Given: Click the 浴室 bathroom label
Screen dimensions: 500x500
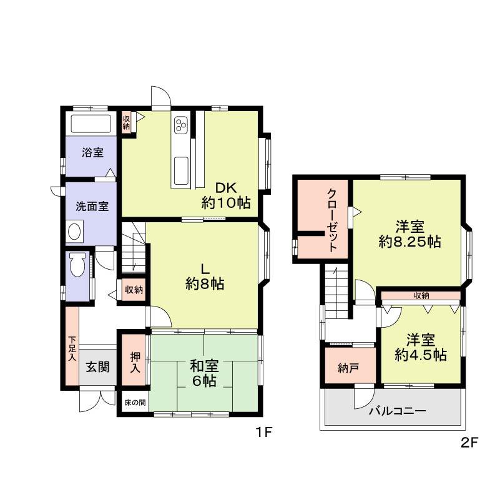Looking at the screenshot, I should pos(91,153).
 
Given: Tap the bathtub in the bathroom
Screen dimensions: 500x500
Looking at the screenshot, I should pos(91,123).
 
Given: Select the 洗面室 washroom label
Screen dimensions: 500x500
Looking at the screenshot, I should pos(92,207).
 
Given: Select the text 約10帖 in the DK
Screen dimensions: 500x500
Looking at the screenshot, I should pos(226,203).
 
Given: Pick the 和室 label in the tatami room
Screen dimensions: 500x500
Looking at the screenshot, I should pos(204,365).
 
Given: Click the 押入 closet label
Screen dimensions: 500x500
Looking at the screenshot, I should pos(135,363).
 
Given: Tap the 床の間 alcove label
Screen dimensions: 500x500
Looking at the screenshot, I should pos(134,403).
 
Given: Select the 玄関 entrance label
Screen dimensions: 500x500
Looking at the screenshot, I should pos(98,366).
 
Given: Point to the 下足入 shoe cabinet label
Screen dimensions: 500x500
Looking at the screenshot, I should pos(72,350).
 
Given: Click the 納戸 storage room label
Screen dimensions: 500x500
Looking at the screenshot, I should pos(348,368).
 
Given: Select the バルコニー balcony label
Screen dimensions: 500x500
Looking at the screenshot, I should pos(397,411).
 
